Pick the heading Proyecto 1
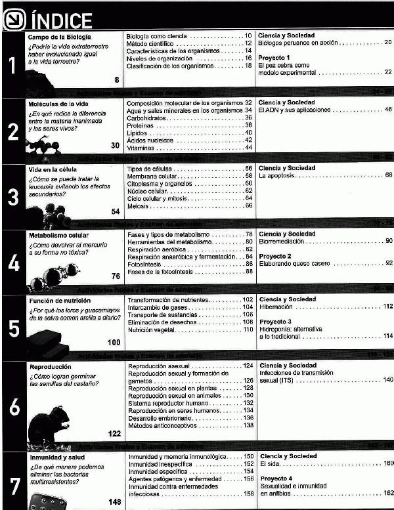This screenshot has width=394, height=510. click(x=274, y=58)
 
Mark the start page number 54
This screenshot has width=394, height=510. click(x=115, y=211)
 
